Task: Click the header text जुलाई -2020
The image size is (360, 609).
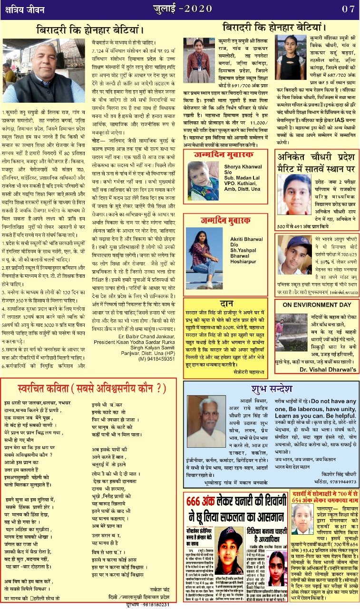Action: pyautogui.click(x=186, y=9)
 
